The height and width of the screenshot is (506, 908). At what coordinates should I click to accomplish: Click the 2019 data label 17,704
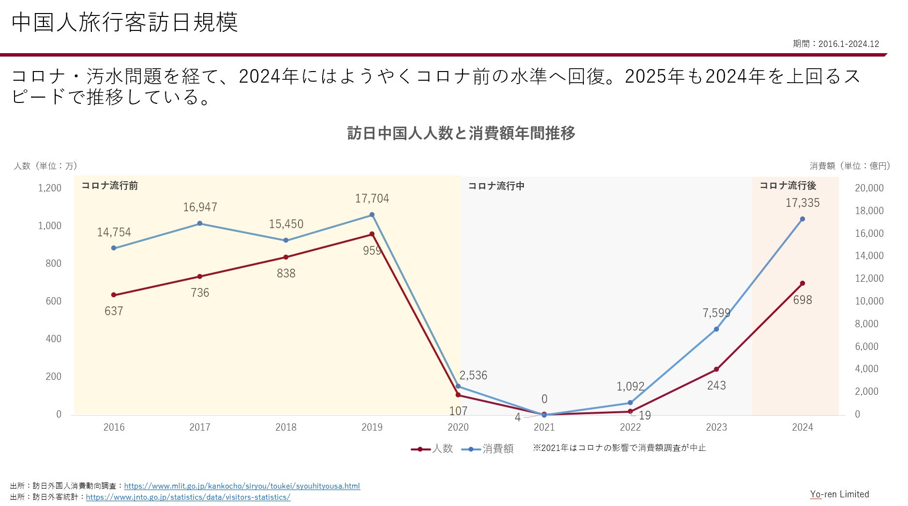(x=372, y=199)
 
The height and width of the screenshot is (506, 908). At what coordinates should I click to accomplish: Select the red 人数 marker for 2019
(x=372, y=234)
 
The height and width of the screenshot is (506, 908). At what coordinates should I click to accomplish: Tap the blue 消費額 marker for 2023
(x=716, y=329)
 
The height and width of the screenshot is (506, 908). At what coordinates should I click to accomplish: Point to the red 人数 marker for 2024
(x=803, y=284)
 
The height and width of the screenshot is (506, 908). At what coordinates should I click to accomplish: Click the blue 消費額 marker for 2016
(x=114, y=248)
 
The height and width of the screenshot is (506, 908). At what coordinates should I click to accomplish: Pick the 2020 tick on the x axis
(x=458, y=427)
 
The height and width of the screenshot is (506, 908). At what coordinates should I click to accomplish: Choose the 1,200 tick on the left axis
(x=50, y=188)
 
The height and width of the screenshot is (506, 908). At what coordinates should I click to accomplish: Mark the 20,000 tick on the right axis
(x=869, y=188)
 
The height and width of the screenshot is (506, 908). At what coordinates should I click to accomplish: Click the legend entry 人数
(x=432, y=448)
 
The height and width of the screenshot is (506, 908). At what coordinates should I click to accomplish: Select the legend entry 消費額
(x=488, y=448)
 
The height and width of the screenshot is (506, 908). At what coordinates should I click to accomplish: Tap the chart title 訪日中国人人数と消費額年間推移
(x=461, y=133)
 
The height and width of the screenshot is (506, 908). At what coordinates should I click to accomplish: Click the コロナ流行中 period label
(x=496, y=186)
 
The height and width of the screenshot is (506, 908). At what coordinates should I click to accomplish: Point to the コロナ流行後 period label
(x=788, y=186)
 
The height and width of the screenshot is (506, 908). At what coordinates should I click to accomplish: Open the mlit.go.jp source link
(x=242, y=486)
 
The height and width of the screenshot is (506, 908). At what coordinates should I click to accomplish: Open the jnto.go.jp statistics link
(x=188, y=497)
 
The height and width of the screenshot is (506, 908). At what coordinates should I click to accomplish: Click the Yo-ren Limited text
(x=839, y=494)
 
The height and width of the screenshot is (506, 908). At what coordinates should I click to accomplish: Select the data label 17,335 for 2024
(x=802, y=203)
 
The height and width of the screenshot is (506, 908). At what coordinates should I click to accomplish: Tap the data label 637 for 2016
(x=114, y=311)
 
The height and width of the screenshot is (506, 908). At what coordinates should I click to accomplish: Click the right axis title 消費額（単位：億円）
(x=850, y=166)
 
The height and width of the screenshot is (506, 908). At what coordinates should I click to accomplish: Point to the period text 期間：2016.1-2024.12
(x=835, y=44)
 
